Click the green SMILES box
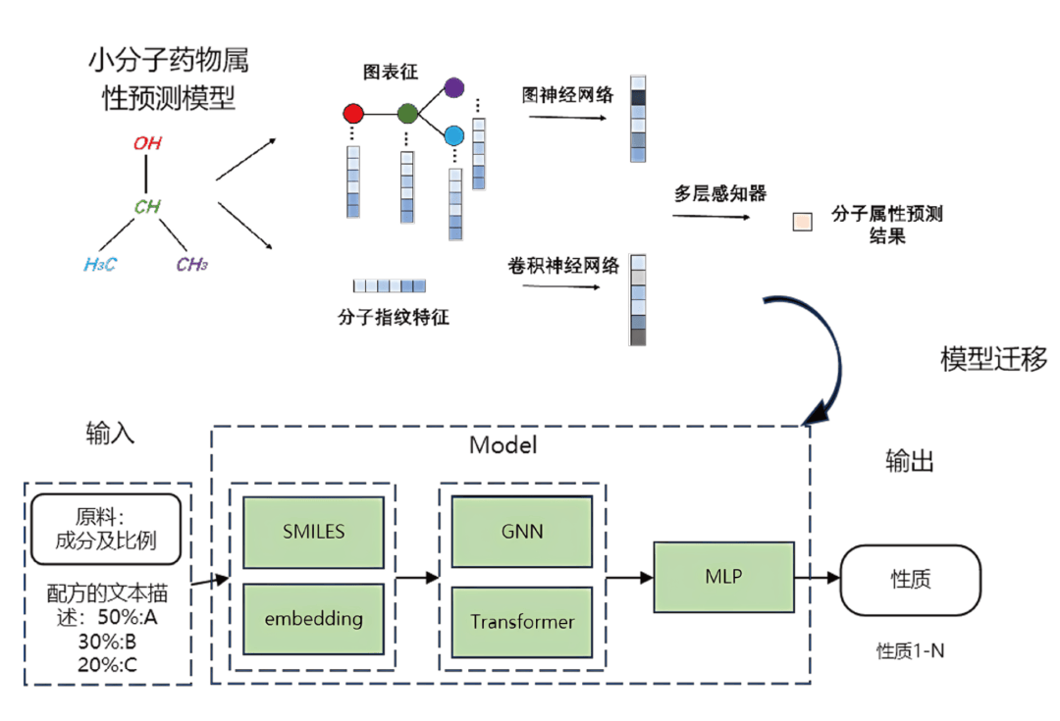pos(313,533)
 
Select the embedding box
pos(313,619)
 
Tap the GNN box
pos(521,533)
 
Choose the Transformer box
pos(521,622)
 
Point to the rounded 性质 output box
pos(910,580)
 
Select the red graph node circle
pos(353,114)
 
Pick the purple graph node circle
pos(453,88)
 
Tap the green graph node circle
pos(407,114)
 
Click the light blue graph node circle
pos(453,135)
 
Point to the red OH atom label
pos(147,143)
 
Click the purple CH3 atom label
pos(192,264)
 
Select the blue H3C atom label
pos(100,264)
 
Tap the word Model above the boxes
pos(503,445)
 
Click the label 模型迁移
pos(993,359)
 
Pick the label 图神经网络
pos(567,95)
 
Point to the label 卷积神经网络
pos(563,266)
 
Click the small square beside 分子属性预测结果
pos(802,222)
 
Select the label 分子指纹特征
pos(392,318)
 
